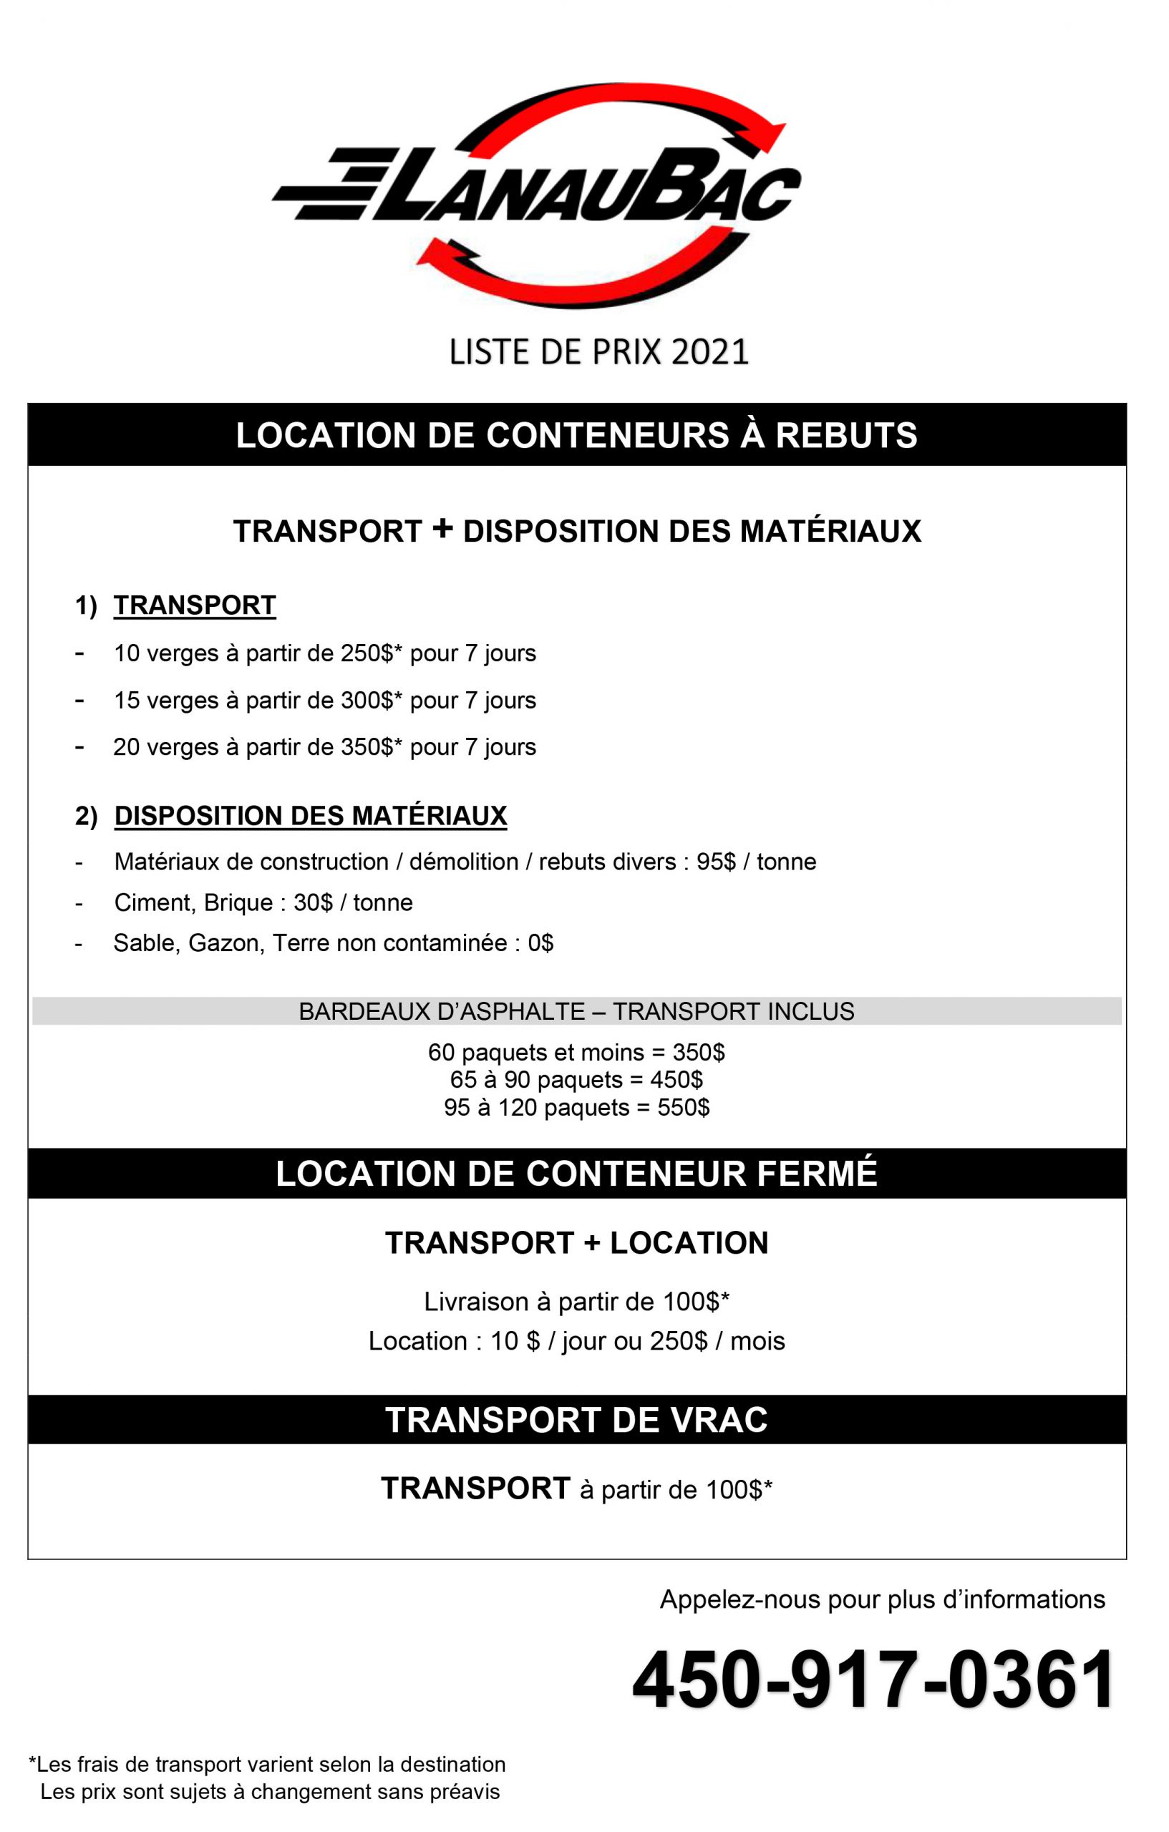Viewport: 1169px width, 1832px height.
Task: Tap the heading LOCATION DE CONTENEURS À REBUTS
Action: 577,436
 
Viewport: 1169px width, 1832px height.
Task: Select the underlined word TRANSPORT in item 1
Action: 195,605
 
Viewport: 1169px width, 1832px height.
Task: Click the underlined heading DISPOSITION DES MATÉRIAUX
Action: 311,816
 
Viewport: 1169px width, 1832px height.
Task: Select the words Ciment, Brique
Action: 193,903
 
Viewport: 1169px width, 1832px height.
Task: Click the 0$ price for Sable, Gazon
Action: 540,943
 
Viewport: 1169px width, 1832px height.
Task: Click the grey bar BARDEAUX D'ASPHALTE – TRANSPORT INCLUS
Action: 577,1012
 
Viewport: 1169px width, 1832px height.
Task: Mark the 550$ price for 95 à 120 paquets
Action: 684,1107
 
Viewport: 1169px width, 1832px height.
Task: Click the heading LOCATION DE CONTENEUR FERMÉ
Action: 577,1174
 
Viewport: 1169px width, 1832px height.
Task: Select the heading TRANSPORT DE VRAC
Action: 577,1421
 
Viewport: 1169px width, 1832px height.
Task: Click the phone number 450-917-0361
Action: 873,1680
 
